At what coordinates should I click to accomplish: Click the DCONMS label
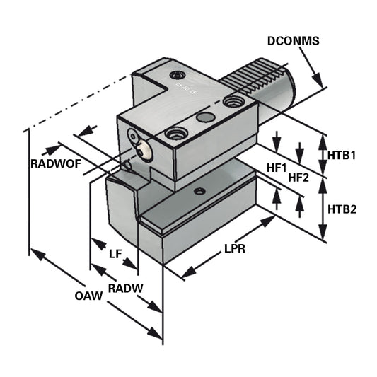point(294,41)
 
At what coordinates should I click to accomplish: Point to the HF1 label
point(277,168)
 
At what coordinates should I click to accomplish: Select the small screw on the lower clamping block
point(201,190)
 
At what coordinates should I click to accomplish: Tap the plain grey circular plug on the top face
point(206,117)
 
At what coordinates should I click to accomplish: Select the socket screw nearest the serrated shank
point(231,102)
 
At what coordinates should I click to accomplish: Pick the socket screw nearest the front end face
point(174,132)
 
